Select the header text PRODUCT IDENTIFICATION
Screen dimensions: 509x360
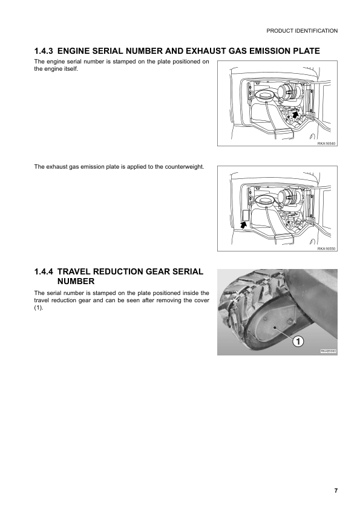[x=302, y=30]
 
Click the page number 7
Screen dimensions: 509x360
[x=336, y=490]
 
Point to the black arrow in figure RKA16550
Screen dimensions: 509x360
[x=243, y=224]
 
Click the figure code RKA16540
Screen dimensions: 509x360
[x=326, y=143]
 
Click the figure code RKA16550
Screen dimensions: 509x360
[x=326, y=248]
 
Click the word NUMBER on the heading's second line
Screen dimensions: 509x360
[x=76, y=281]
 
